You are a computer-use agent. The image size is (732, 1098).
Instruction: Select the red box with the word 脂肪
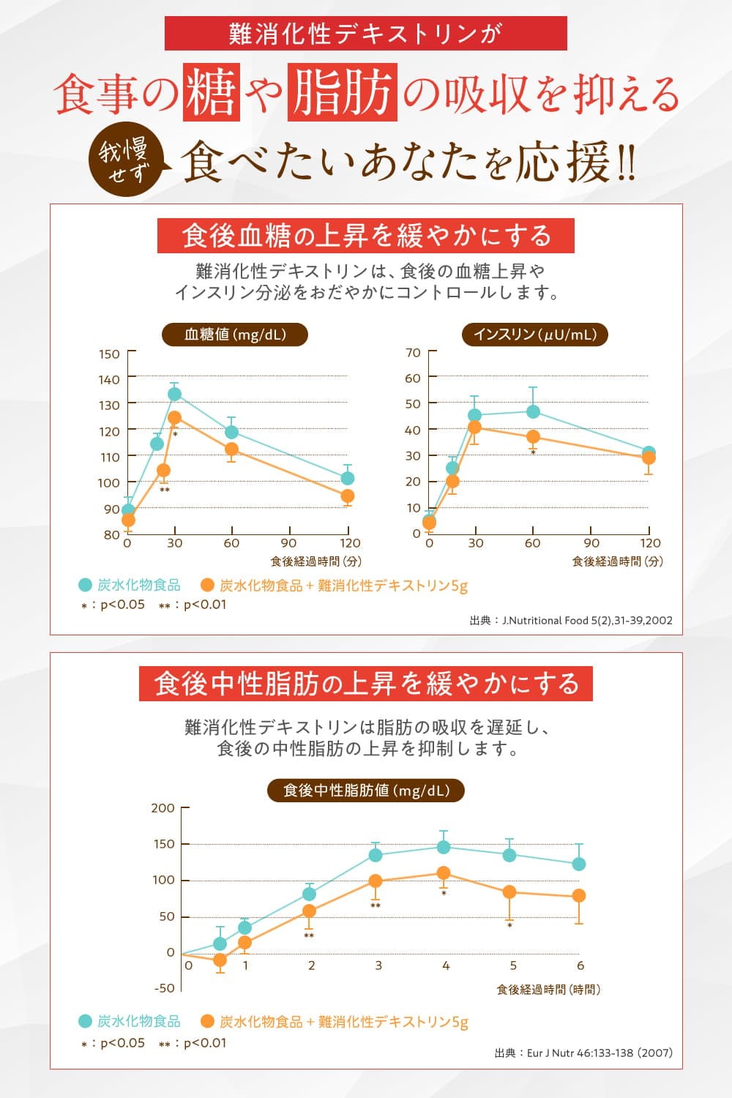point(343,92)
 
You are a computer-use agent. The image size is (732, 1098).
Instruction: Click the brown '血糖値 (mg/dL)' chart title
point(234,335)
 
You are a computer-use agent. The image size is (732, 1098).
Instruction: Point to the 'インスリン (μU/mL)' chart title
point(535,335)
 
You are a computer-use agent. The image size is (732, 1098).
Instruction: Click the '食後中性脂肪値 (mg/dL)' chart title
point(365,791)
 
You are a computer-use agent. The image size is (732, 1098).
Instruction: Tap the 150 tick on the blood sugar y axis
point(109,354)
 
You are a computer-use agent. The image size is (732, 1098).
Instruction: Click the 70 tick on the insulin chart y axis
point(413,353)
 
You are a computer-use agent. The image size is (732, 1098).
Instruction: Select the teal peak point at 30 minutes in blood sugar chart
point(174,394)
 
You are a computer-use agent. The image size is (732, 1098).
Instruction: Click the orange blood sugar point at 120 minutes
point(348,496)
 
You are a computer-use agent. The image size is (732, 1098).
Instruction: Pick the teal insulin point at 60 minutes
point(533,412)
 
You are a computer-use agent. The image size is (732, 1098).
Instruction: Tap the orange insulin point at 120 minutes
point(649,458)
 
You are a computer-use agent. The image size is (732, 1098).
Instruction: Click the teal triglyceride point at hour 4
point(444,847)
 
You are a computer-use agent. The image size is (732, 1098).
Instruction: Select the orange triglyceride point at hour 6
point(578,895)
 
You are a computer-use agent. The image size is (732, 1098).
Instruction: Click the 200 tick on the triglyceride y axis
point(163,808)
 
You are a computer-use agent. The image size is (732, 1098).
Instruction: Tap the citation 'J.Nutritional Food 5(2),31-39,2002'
point(571,620)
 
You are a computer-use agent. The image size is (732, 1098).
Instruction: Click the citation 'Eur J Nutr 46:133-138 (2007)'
point(583,1053)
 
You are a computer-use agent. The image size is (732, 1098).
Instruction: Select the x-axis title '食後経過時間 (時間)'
point(548,990)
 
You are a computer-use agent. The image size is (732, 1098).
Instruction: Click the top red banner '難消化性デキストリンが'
point(365,34)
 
